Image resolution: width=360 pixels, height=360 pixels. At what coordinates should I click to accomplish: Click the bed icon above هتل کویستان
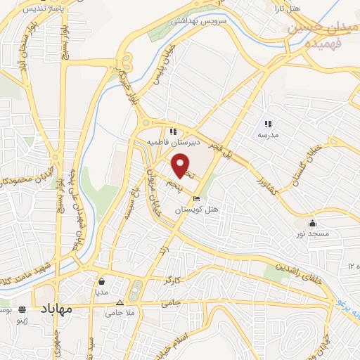click(196, 199)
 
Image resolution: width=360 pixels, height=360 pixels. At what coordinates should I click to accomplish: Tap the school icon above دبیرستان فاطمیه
click(172, 131)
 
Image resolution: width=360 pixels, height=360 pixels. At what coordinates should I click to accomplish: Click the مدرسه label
click(268, 134)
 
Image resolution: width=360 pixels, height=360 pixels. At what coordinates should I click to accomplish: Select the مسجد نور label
click(310, 231)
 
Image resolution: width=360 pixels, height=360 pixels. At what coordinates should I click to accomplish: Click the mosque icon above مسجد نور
click(311, 220)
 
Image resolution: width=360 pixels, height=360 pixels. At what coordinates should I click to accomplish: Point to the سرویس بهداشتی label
click(218, 22)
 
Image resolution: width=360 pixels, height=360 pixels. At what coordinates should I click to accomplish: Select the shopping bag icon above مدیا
click(101, 279)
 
